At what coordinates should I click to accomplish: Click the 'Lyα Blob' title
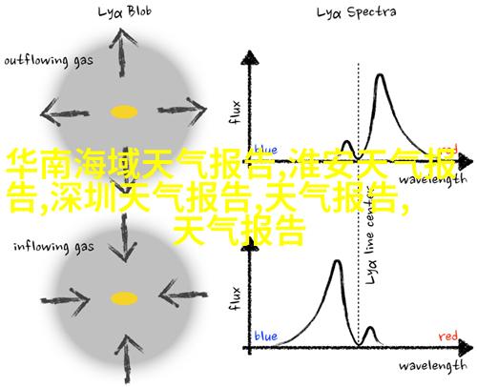[x=125, y=12]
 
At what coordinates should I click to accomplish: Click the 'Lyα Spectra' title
[x=357, y=12]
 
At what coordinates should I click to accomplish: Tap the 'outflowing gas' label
[x=49, y=60]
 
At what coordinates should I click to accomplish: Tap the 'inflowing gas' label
[x=53, y=247]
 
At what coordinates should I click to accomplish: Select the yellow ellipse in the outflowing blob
[x=124, y=112]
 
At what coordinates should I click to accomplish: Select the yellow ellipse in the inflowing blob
[x=124, y=298]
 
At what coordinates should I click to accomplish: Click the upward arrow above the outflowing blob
[x=122, y=52]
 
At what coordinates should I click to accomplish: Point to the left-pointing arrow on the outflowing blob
[x=65, y=112]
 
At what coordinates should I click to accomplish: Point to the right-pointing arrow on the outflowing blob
[x=182, y=111]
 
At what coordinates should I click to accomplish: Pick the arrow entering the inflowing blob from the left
[x=66, y=300]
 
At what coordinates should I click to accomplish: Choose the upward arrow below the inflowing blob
[x=127, y=359]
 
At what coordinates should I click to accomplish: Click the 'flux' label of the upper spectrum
[x=235, y=112]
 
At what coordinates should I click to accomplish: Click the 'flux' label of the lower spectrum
[x=235, y=298]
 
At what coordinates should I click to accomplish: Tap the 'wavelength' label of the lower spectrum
[x=433, y=366]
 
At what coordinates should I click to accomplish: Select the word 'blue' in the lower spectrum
[x=266, y=336]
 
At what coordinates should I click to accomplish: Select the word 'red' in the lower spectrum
[x=448, y=336]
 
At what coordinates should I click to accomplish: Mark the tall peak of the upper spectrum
[x=380, y=75]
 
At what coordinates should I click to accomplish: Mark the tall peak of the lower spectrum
[x=338, y=261]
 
